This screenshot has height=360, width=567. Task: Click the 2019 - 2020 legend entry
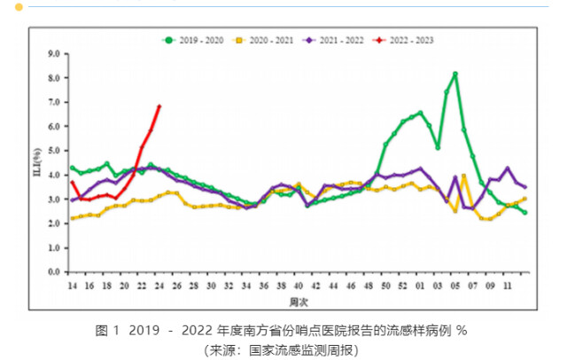pos(198,40)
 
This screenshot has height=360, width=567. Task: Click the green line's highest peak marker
pos(454,74)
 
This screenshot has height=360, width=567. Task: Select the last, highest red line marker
pos(159,106)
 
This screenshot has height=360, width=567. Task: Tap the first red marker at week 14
pos(73,184)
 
